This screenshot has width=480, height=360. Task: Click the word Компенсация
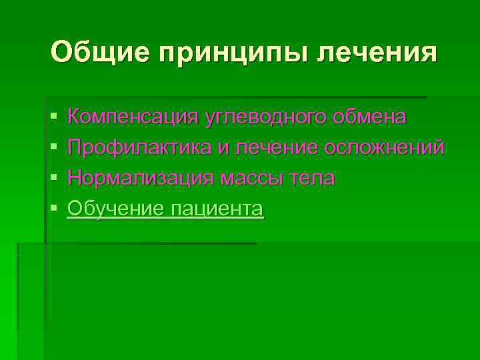point(133,117)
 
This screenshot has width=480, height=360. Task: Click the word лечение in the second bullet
point(275,147)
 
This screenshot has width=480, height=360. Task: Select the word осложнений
point(384,147)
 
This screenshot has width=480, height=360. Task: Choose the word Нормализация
point(141,178)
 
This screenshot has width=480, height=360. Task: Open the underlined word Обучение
point(116,209)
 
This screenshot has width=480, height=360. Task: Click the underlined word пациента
point(217,209)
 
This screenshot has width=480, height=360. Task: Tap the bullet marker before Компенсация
point(53,117)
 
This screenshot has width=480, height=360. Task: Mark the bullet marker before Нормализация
point(53,179)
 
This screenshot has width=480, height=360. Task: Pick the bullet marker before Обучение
point(53,209)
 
